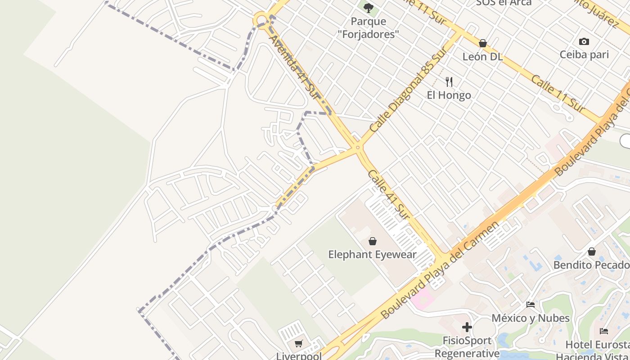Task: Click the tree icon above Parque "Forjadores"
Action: click(368, 8)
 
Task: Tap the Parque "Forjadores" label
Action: click(369, 27)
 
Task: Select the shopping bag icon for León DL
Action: click(483, 43)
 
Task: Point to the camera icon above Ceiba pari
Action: click(584, 41)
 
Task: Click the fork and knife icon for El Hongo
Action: click(449, 81)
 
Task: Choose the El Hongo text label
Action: click(449, 95)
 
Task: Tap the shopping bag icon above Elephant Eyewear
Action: click(373, 241)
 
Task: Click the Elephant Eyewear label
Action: click(373, 255)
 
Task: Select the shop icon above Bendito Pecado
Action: click(592, 252)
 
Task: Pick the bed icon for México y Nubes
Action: click(531, 305)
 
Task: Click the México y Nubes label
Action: click(531, 318)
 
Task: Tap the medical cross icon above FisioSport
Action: click(467, 327)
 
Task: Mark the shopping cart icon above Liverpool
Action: click(299, 344)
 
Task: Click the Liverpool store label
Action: click(299, 356)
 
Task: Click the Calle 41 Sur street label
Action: click(388, 194)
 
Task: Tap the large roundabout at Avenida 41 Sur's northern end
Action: click(261, 20)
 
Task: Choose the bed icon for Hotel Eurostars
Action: click(604, 331)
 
